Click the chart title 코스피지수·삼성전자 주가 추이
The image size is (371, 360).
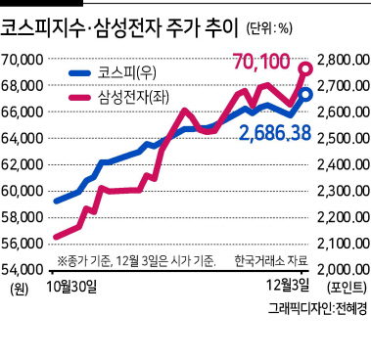[119, 28]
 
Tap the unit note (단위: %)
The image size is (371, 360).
[269, 29]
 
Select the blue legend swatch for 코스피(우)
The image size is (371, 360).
[79, 73]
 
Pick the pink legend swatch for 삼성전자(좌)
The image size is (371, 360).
[79, 97]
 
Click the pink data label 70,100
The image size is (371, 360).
[262, 62]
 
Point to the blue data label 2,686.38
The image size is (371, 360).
[275, 133]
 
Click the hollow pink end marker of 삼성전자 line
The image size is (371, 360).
[306, 68]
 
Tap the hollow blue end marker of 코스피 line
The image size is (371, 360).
[306, 95]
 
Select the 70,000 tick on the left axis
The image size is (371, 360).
[23, 60]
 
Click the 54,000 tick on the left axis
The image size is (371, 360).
[23, 270]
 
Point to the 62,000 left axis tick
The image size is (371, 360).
[23, 164]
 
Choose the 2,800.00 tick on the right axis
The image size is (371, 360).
[344, 60]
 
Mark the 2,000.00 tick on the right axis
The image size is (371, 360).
[344, 270]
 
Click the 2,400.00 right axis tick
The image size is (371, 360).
[344, 164]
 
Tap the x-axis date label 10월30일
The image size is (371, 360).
[71, 286]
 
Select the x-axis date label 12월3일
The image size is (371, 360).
[288, 286]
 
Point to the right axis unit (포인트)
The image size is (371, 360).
[347, 287]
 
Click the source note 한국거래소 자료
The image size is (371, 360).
[271, 261]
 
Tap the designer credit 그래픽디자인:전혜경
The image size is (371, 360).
[317, 308]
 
